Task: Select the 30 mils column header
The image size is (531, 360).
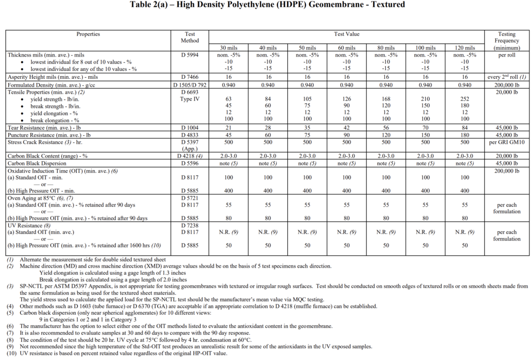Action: point(229,48)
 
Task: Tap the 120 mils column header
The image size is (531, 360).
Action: point(465,48)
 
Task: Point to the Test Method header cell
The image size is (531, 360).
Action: point(190,37)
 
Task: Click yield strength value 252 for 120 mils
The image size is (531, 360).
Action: point(465,99)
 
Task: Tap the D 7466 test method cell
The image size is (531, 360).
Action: point(190,77)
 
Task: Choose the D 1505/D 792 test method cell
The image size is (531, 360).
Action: point(190,85)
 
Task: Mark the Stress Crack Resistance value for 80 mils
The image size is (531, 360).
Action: point(386,142)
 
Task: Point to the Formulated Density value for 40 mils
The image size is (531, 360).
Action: point(268,85)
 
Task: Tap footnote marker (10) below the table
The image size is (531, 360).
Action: point(11,353)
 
